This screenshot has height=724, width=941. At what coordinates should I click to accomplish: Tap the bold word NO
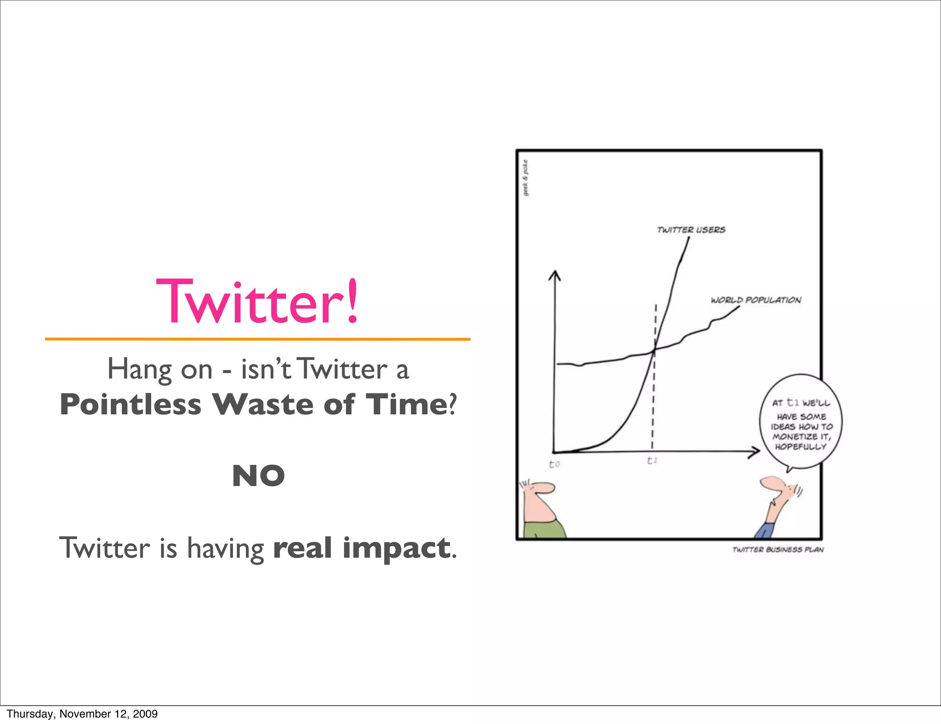(x=258, y=475)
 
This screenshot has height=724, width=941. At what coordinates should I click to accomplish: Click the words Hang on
(x=159, y=369)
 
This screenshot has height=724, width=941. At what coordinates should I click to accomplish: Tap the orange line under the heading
(x=257, y=339)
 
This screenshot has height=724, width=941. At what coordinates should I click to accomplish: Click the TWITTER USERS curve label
(x=691, y=230)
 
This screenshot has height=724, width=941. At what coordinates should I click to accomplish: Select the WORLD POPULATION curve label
(x=756, y=300)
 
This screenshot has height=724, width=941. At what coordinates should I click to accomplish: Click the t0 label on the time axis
(x=554, y=464)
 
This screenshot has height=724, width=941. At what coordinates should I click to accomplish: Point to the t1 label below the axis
(x=652, y=460)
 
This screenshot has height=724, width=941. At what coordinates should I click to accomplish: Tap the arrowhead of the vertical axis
(x=555, y=275)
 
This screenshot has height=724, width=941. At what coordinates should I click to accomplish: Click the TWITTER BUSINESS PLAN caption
(x=777, y=549)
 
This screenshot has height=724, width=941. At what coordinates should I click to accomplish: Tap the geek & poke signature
(x=526, y=178)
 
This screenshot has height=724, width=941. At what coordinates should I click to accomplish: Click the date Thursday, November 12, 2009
(x=82, y=713)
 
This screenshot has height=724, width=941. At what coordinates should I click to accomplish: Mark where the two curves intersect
(x=655, y=350)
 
